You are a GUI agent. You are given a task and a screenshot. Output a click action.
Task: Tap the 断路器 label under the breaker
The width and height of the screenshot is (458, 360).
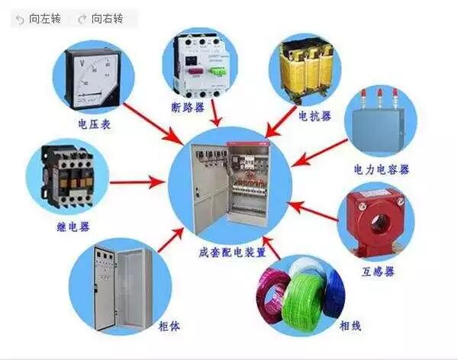(189, 108)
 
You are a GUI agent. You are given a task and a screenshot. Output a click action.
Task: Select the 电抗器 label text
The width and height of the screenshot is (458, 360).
(315, 117)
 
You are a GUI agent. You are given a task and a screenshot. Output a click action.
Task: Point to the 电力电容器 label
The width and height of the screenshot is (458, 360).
(382, 168)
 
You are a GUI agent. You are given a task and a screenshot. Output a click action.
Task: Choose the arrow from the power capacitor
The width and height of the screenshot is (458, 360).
(321, 157)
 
